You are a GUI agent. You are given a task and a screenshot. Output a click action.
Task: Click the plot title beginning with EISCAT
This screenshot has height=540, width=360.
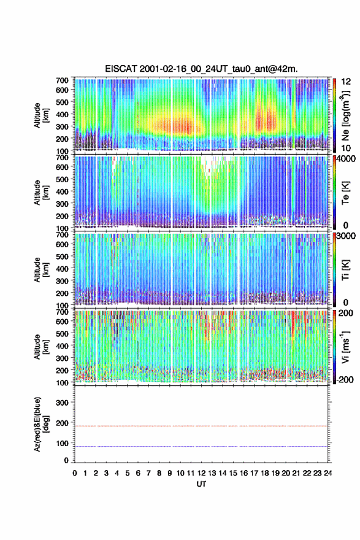click(x=201, y=69)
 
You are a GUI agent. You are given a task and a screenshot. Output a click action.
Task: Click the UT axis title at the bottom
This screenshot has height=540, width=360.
click(x=201, y=484)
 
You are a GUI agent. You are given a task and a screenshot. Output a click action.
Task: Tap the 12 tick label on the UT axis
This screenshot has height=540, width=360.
click(x=202, y=473)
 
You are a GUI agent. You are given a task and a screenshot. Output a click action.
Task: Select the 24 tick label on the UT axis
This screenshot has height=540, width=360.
click(x=327, y=473)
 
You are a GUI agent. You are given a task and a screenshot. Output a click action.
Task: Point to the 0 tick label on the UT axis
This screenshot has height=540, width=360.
click(x=75, y=473)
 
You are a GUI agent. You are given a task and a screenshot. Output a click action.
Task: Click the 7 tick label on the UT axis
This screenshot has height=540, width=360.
click(x=148, y=473)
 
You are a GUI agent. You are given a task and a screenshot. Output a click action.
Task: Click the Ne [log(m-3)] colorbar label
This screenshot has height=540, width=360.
click(x=345, y=115)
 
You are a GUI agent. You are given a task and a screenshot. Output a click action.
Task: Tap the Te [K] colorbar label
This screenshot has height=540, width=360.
click(x=345, y=193)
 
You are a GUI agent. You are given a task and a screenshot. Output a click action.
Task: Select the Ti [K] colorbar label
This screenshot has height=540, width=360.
click(x=345, y=269)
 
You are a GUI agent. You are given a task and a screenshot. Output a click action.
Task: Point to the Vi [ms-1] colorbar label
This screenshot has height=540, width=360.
click(x=345, y=347)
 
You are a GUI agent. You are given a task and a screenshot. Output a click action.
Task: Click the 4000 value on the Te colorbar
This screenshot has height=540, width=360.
click(x=347, y=159)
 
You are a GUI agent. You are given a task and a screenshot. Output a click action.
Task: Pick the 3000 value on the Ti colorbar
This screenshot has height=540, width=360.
click(x=347, y=236)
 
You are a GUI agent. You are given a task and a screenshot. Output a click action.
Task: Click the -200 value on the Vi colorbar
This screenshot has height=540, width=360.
click(x=345, y=379)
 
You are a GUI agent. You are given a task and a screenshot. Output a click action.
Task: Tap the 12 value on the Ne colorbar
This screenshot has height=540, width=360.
click(x=346, y=82)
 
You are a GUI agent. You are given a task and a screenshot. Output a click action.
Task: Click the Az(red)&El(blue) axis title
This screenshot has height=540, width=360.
click(x=40, y=424)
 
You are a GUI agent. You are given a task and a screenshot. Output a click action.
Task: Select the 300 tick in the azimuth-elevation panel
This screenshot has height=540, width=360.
click(x=63, y=403)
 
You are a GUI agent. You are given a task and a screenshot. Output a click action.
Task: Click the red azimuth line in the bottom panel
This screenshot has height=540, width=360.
click(x=201, y=426)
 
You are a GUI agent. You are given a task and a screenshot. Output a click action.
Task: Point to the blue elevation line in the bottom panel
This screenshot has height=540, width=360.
click(x=201, y=446)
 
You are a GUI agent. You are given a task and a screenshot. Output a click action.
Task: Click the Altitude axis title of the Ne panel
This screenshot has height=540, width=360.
click(x=40, y=115)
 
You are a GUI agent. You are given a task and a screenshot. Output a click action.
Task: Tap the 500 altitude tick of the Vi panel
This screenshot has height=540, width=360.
click(x=63, y=333)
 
